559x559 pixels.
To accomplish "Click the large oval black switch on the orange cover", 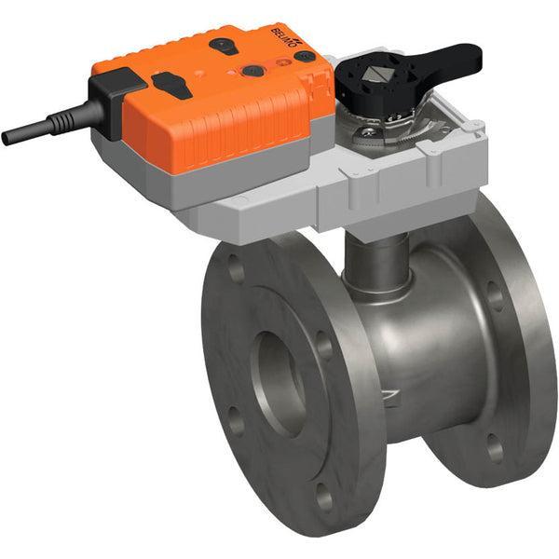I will [173, 84].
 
